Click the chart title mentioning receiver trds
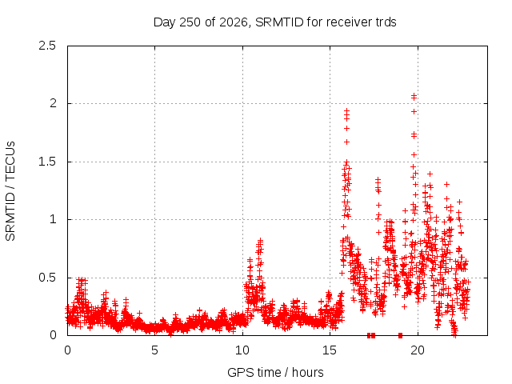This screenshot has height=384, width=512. point(274,22)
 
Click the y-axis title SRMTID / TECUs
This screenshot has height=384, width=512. point(10,191)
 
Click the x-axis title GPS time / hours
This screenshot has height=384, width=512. point(275,372)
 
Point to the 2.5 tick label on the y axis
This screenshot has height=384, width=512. point(47,46)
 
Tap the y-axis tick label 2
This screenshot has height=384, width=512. point(53,103)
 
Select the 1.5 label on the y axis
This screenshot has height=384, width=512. point(47,162)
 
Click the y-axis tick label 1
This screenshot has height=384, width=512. point(53,219)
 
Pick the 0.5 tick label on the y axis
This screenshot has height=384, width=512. point(47,278)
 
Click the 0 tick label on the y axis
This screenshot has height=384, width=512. point(53,335)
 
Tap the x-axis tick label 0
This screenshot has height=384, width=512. point(67,350)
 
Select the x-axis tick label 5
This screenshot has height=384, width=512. point(154,350)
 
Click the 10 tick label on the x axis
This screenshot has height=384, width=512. point(242,350)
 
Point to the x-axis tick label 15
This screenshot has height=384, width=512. point(330,350)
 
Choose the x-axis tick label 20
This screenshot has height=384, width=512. point(418,350)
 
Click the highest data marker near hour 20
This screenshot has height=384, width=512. point(414,95)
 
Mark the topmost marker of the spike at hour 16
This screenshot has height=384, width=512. point(346,111)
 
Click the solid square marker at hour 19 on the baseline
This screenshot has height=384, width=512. point(400,335)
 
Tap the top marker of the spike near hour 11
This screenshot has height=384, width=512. point(260,240)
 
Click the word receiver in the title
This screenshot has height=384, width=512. point(349,22)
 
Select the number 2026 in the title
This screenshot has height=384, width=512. point(233,22)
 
